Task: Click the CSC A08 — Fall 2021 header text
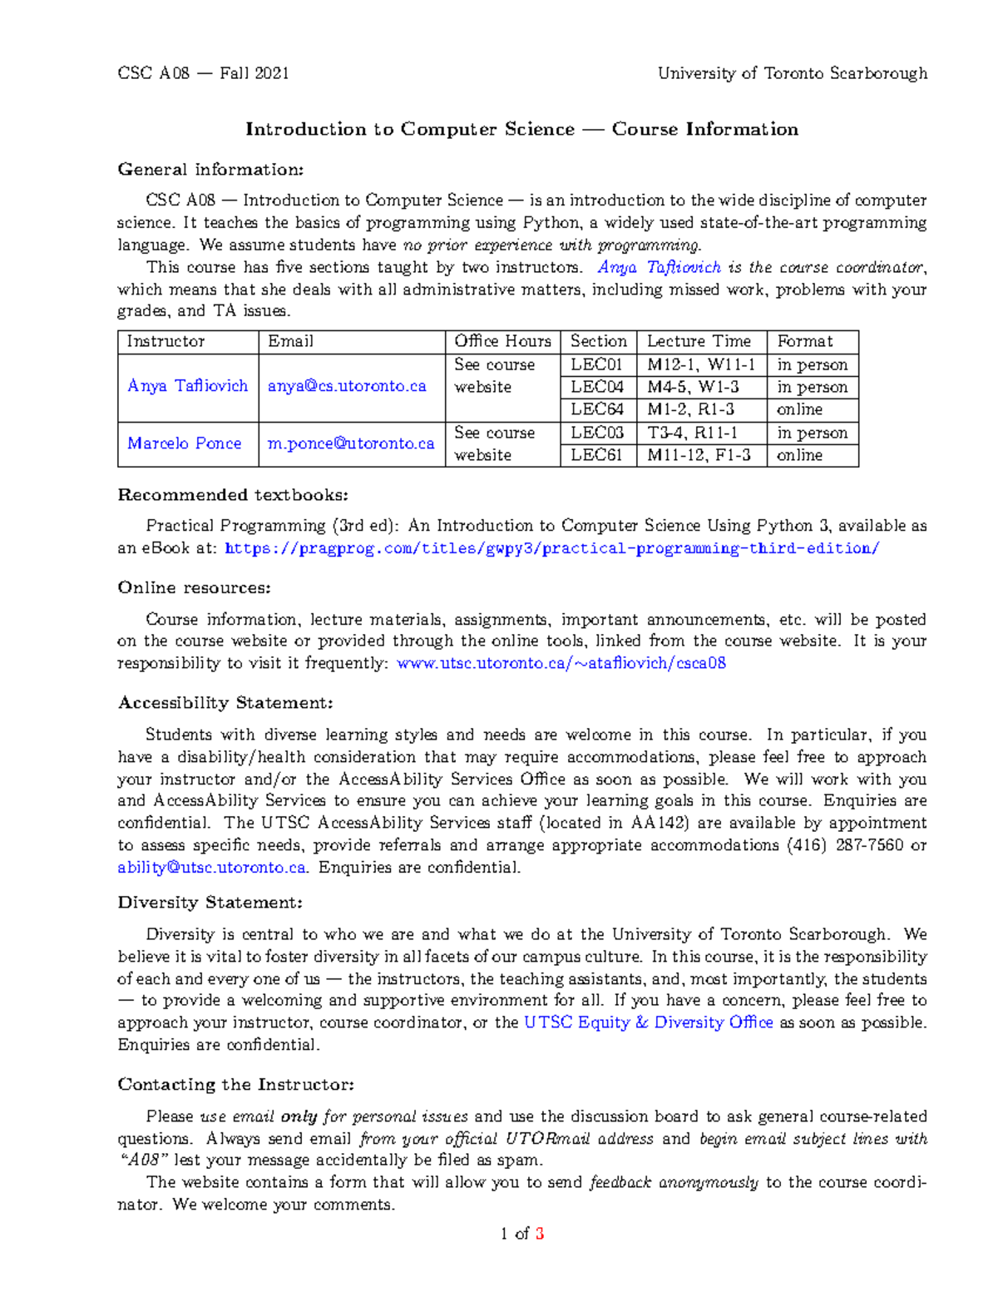click(203, 73)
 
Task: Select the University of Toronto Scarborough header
click(792, 73)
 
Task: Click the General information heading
click(210, 170)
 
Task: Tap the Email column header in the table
click(290, 341)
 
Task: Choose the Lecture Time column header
click(699, 341)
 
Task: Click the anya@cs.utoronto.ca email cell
click(347, 386)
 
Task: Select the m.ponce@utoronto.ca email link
click(351, 443)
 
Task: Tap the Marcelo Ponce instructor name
click(184, 443)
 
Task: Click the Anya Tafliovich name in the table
click(187, 386)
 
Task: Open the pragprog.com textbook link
click(551, 548)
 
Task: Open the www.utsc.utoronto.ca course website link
click(561, 663)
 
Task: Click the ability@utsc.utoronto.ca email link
click(212, 868)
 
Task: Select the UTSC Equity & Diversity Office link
click(648, 1022)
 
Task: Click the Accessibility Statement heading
click(225, 703)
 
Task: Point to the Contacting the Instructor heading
click(236, 1085)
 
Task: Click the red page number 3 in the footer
click(540, 1234)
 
